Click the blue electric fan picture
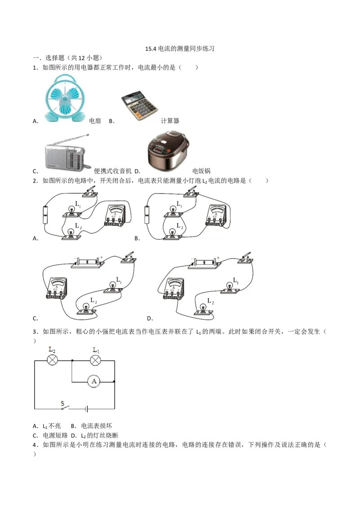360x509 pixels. [x=64, y=98]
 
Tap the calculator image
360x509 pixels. [x=139, y=105]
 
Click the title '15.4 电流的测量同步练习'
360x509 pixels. [x=180, y=49]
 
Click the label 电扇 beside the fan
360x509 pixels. [x=95, y=121]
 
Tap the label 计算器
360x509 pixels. [x=170, y=121]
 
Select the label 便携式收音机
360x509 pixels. [x=113, y=171]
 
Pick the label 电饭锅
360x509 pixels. [x=202, y=171]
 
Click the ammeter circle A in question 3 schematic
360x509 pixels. [x=94, y=381]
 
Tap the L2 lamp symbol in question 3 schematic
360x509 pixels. [x=52, y=360]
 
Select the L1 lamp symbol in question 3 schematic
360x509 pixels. [x=95, y=360]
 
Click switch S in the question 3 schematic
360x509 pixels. [x=65, y=407]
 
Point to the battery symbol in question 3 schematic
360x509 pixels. [x=86, y=409]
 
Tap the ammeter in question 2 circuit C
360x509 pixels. [x=57, y=288]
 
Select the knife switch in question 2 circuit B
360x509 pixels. [x=191, y=192]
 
